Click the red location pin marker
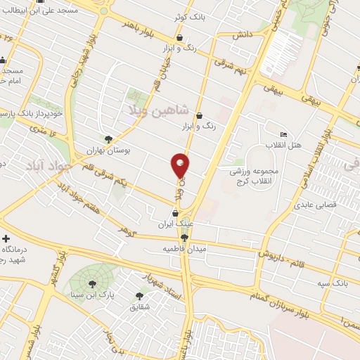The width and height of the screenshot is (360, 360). (181, 165)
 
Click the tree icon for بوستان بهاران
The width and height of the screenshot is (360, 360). (108, 139)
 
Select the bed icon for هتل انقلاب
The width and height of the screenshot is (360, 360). (283, 134)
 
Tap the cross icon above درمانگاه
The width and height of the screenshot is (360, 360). (6, 239)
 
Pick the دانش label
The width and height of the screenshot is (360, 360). (243, 34)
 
